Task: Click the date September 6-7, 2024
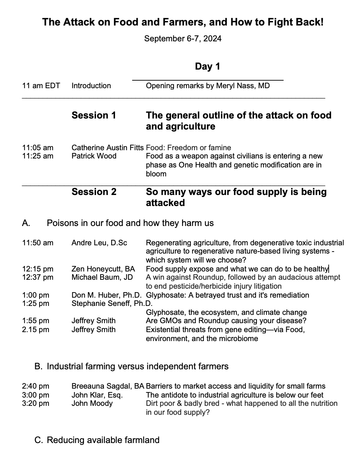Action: click(x=183, y=39)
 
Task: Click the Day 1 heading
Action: click(x=207, y=66)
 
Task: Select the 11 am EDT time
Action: click(x=41, y=86)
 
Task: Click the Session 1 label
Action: click(x=94, y=115)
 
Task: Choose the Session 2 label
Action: click(x=94, y=192)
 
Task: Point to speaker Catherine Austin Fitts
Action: click(x=107, y=148)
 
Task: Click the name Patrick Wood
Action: click(x=94, y=156)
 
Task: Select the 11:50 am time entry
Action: click(x=38, y=243)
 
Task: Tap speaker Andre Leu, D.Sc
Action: click(x=99, y=243)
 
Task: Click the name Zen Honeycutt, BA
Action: click(x=103, y=269)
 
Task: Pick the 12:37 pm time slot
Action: click(x=38, y=277)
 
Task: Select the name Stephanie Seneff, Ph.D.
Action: click(x=112, y=304)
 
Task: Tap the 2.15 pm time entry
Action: click(x=35, y=330)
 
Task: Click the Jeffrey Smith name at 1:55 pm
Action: click(x=94, y=321)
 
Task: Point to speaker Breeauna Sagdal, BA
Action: click(x=108, y=386)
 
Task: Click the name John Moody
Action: click(x=92, y=403)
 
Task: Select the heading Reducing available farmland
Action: click(x=103, y=440)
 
